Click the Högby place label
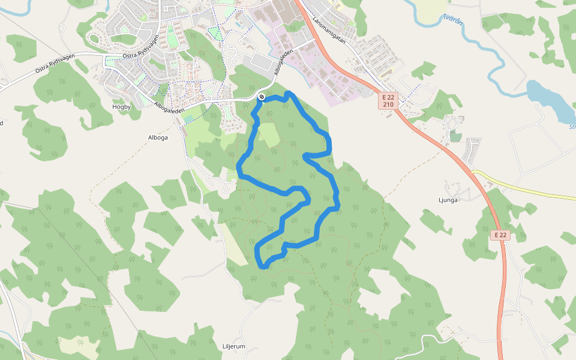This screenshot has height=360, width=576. click(121, 107)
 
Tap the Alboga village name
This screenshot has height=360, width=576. click(158, 137)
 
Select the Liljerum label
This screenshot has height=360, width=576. click(234, 346)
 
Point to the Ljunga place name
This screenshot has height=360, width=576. click(448, 200)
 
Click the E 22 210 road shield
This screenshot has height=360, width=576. click(389, 100)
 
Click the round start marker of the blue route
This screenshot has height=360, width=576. click(262, 97)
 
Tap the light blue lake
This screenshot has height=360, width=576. click(549, 99)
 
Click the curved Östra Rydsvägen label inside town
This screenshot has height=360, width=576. click(140, 47)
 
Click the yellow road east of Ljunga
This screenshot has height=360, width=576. click(528, 187)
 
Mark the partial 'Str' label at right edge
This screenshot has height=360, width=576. click(572, 127)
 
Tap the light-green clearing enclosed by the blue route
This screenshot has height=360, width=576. click(268, 134)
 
